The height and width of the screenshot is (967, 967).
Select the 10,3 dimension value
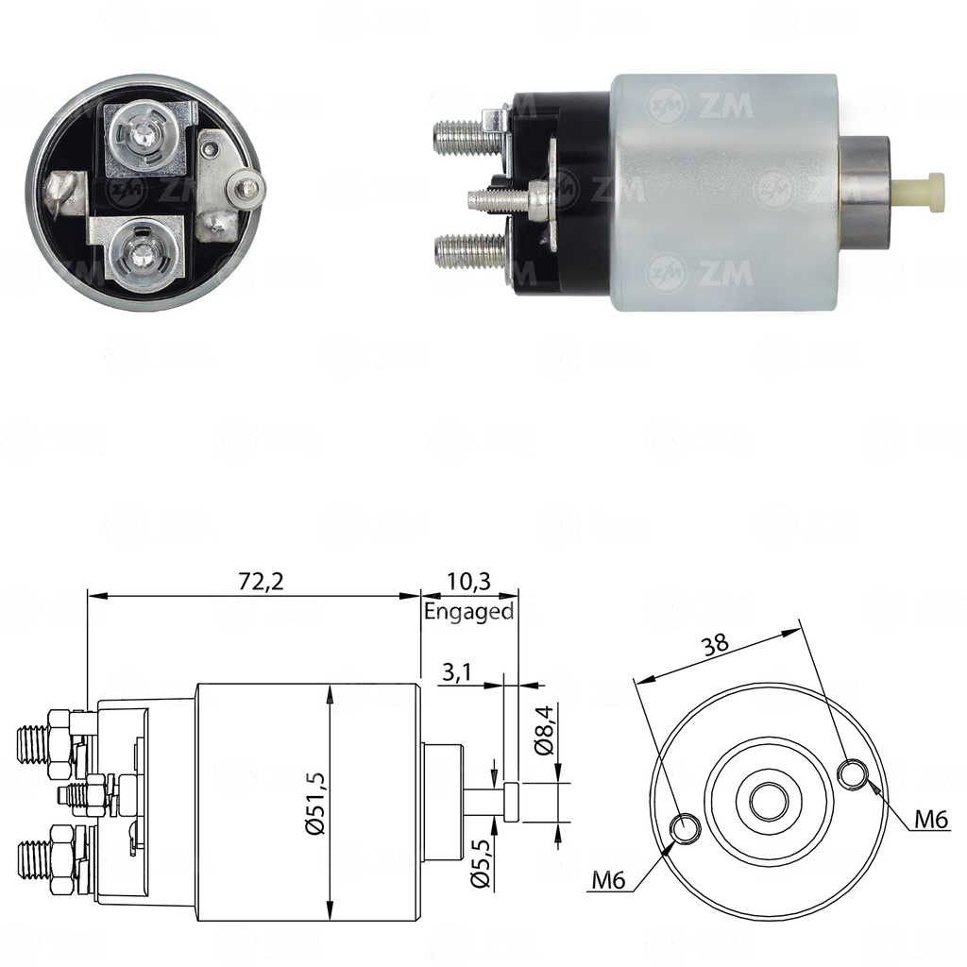pos(467,581)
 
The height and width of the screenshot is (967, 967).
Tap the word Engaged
pos(468,611)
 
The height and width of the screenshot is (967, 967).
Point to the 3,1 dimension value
pos(458,672)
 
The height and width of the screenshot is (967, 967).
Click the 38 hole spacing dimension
pos(715,644)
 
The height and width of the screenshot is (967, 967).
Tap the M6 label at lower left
pos(610,881)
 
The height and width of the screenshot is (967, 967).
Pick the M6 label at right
pos(929,821)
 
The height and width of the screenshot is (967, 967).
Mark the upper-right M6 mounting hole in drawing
pos(854,773)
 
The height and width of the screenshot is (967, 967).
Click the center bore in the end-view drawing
pos(769,802)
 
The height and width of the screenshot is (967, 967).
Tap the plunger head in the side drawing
pos(511,802)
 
